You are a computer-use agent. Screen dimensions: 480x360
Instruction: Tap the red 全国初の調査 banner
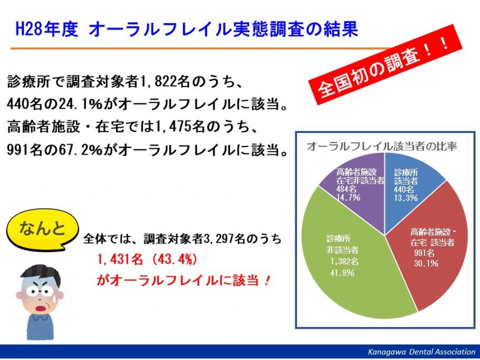[384, 65]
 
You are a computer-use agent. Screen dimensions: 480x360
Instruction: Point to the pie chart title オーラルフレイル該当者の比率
[382, 146]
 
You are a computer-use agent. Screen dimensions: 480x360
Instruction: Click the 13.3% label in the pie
[406, 198]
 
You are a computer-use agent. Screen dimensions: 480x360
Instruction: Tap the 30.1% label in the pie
[426, 263]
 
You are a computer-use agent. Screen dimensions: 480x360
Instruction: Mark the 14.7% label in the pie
[349, 197]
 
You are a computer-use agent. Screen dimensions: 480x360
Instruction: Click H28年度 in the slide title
[47, 30]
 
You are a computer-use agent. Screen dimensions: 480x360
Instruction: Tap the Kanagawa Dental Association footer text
[421, 352]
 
